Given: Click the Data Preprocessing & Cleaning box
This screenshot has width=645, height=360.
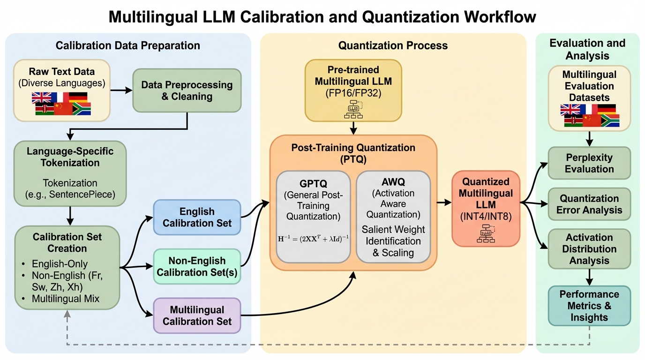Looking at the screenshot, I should (x=187, y=90).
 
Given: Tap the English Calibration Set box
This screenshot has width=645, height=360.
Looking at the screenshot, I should (x=197, y=217).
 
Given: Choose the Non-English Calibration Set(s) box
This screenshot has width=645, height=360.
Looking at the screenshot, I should (x=197, y=266).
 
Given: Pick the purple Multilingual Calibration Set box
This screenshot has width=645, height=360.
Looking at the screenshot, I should (x=197, y=315).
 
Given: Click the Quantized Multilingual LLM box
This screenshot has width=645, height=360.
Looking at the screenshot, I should (x=486, y=208).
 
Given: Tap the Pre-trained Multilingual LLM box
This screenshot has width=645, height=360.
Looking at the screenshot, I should (x=353, y=89).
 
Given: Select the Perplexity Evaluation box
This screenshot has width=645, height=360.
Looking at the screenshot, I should (x=589, y=163).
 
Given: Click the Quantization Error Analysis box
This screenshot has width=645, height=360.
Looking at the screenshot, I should (x=589, y=204).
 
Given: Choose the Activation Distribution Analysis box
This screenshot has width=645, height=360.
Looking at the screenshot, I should (x=589, y=248).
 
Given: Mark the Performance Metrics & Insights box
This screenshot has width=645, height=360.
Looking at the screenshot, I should (x=589, y=306).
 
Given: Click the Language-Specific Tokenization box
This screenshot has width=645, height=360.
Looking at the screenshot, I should (x=70, y=174).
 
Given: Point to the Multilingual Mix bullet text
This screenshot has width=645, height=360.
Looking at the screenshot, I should (x=66, y=299).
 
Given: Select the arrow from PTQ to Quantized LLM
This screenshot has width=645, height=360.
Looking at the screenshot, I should (x=444, y=203).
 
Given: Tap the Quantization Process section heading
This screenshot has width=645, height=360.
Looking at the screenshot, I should (x=393, y=45).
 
